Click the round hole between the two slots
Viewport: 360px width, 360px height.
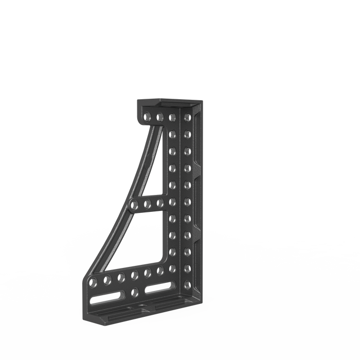tap(135, 293)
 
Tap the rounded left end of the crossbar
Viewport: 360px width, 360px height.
tap(132, 204)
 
